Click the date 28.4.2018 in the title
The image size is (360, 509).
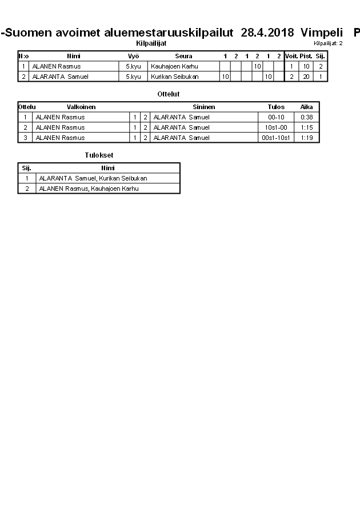267,33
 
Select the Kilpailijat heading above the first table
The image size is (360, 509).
151,43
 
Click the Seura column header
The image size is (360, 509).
183,56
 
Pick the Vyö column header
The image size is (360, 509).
133,56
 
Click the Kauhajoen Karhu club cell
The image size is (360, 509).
174,66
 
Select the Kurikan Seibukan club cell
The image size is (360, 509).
174,77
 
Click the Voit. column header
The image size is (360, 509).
291,56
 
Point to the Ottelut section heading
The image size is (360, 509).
168,94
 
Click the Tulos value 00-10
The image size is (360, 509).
277,117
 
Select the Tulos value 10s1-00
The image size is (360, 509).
277,127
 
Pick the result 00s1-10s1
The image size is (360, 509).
277,138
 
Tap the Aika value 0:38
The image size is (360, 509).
307,117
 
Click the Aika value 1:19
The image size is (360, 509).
307,138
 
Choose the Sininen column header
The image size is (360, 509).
203,107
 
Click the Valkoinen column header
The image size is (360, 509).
81,107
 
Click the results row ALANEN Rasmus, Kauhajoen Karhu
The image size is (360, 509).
89,189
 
